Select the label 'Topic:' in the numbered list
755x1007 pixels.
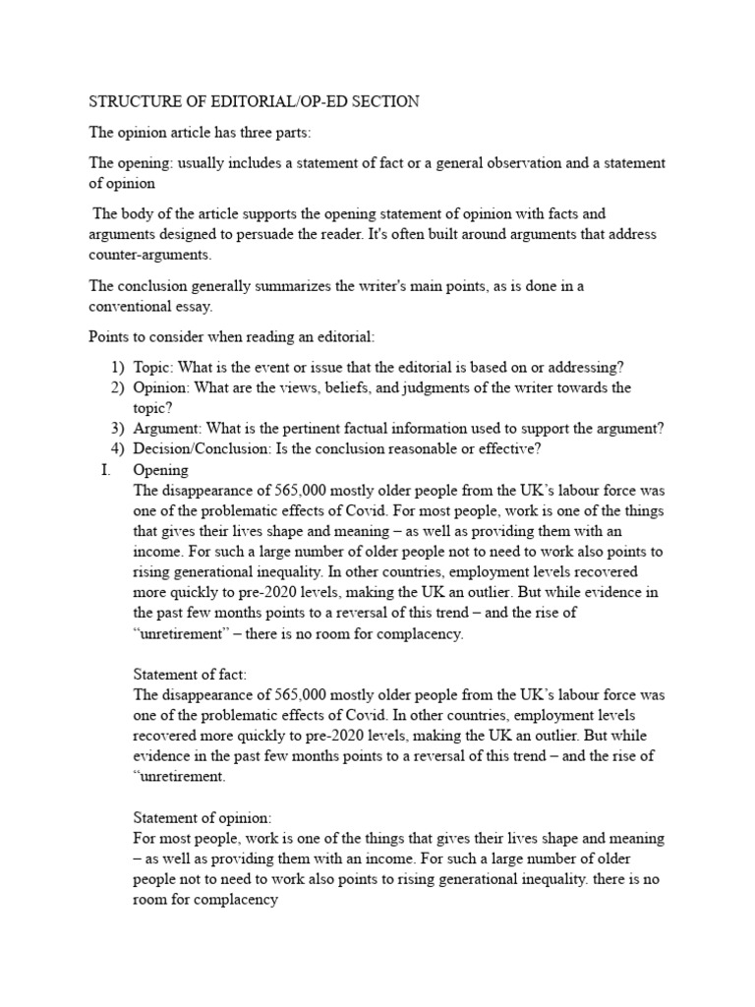(x=153, y=367)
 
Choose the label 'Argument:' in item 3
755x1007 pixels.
(x=169, y=428)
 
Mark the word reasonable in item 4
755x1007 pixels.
(x=396, y=448)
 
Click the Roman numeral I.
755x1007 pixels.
(x=104, y=470)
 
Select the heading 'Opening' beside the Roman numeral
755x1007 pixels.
(x=160, y=470)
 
